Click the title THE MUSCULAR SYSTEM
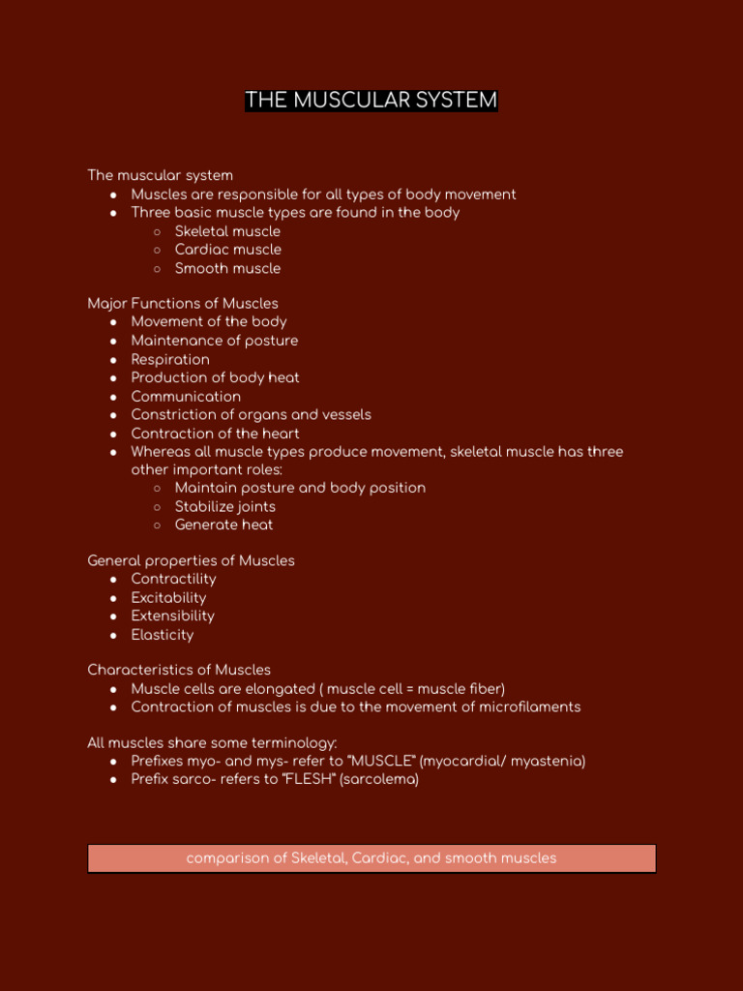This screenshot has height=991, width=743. [x=371, y=101]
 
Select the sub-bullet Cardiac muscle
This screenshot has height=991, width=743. [x=227, y=250]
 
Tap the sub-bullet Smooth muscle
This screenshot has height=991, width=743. [x=227, y=268]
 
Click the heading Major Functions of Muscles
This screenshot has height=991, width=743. [x=183, y=304]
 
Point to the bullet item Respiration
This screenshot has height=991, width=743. [x=170, y=359]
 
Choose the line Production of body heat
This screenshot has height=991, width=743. [x=215, y=377]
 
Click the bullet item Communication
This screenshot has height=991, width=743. [x=186, y=397]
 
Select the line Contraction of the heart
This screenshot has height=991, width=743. [x=215, y=434]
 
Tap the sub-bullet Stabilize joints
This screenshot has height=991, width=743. [x=224, y=507]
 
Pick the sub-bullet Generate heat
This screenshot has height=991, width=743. [x=223, y=526]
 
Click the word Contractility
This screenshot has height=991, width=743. [x=173, y=579]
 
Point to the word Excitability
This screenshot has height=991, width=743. [x=168, y=598]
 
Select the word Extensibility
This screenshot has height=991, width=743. [x=172, y=616]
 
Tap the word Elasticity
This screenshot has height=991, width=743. [x=162, y=635]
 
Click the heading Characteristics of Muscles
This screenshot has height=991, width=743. [x=179, y=670]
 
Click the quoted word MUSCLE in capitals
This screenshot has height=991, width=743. [x=378, y=762]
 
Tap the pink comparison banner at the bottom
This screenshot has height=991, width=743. [x=371, y=858]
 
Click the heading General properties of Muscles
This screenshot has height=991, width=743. [x=191, y=561]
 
